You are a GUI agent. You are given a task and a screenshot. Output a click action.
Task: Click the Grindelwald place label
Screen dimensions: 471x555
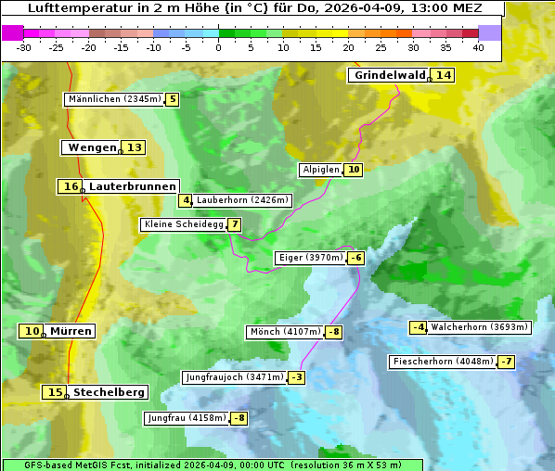(x=389, y=75)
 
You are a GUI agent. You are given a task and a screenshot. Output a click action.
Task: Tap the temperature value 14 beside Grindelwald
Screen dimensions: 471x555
(x=444, y=75)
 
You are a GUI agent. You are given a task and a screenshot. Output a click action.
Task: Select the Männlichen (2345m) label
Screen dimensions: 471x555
(x=114, y=99)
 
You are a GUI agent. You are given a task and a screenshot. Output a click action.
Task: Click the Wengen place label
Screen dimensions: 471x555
(x=92, y=147)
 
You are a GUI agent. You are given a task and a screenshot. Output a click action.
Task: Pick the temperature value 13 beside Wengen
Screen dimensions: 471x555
(x=135, y=147)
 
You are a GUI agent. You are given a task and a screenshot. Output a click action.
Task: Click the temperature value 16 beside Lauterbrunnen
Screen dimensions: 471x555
(x=71, y=186)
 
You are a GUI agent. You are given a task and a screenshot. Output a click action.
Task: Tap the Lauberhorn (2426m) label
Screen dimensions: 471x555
(x=243, y=199)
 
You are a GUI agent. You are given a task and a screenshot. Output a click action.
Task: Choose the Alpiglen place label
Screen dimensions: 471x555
(x=321, y=170)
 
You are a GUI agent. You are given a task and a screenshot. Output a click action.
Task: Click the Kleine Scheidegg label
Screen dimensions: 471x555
(x=184, y=224)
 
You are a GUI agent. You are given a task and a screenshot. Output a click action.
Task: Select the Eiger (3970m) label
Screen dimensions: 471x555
(x=311, y=258)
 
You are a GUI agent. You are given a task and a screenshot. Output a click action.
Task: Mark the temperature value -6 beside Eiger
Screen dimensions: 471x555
(x=355, y=258)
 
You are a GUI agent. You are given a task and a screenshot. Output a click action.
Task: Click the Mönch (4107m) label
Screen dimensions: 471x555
(x=285, y=332)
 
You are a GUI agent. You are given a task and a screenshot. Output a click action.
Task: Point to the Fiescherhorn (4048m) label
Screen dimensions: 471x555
(x=443, y=362)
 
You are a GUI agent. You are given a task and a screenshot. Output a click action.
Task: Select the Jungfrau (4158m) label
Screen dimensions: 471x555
(x=187, y=418)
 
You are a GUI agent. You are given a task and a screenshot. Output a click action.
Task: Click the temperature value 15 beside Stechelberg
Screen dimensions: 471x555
(x=55, y=392)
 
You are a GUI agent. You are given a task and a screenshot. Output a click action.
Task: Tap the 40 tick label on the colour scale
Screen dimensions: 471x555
(x=478, y=47)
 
